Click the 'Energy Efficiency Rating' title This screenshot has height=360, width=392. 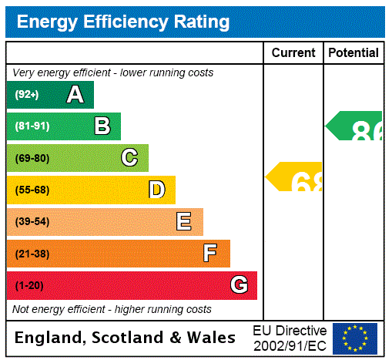point(123,22)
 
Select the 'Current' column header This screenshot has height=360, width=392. point(293,53)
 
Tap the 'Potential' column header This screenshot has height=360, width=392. point(353,53)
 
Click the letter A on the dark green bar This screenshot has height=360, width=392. point(75,95)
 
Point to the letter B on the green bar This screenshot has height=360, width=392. point(102,126)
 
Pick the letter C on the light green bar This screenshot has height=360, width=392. point(129,158)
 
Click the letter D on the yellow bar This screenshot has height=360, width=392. point(156,190)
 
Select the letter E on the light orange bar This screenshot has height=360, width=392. point(184,222)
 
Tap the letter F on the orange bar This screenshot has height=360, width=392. point(210,254)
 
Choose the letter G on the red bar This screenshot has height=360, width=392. point(239,285)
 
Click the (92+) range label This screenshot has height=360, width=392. point(26,95)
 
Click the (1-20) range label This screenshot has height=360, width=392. point(29,285)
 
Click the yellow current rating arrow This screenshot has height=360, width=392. point(295,177)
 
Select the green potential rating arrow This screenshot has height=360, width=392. point(355,126)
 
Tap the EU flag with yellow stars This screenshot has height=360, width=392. point(355,338)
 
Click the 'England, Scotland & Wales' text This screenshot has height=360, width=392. point(125,338)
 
